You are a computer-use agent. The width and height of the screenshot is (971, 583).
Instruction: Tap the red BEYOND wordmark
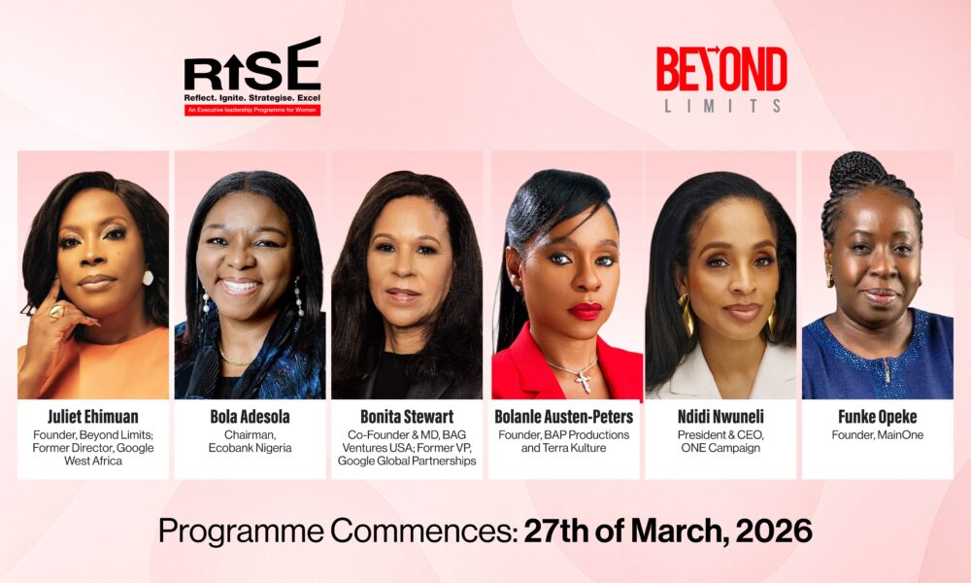pyautogui.click(x=721, y=69)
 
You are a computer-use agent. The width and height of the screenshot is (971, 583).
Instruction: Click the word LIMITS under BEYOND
pyautogui.click(x=722, y=106)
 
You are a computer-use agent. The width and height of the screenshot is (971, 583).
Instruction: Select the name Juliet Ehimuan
pyautogui.click(x=92, y=417)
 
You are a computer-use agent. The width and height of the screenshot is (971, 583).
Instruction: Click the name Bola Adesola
pyautogui.click(x=251, y=417)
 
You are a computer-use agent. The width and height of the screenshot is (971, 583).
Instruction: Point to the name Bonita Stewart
pyautogui.click(x=407, y=417)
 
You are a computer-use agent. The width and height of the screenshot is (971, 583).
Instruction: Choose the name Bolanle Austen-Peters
pyautogui.click(x=564, y=417)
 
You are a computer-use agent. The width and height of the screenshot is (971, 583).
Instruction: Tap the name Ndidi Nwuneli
pyautogui.click(x=720, y=417)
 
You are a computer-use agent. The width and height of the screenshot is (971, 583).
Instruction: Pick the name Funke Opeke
pyautogui.click(x=878, y=417)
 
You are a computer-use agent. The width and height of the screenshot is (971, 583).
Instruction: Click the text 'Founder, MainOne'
pyautogui.click(x=878, y=435)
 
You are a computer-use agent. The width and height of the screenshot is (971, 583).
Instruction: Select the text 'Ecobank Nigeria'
pyautogui.click(x=251, y=449)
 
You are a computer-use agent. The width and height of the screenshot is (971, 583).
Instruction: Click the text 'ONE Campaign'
pyautogui.click(x=720, y=449)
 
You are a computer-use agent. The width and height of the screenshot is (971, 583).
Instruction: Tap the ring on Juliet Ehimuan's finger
pyautogui.click(x=55, y=311)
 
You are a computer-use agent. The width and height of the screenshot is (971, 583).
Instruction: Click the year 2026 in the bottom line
pyautogui.click(x=776, y=531)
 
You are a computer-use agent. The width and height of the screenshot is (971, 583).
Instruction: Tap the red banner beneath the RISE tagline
pyautogui.click(x=252, y=111)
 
